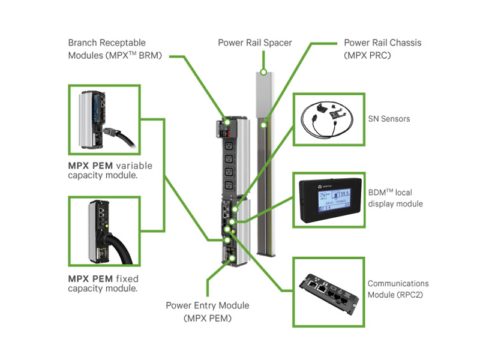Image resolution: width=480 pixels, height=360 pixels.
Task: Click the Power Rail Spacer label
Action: click(x=255, y=43)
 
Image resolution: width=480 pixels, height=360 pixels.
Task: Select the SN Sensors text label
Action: click(x=389, y=119)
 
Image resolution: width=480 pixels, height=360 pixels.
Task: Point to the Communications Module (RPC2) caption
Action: click(x=398, y=289)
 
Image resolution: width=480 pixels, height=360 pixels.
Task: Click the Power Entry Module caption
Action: click(x=208, y=312)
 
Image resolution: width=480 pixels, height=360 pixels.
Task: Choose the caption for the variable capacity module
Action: click(x=110, y=170)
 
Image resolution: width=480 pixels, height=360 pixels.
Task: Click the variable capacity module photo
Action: click(x=104, y=119)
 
